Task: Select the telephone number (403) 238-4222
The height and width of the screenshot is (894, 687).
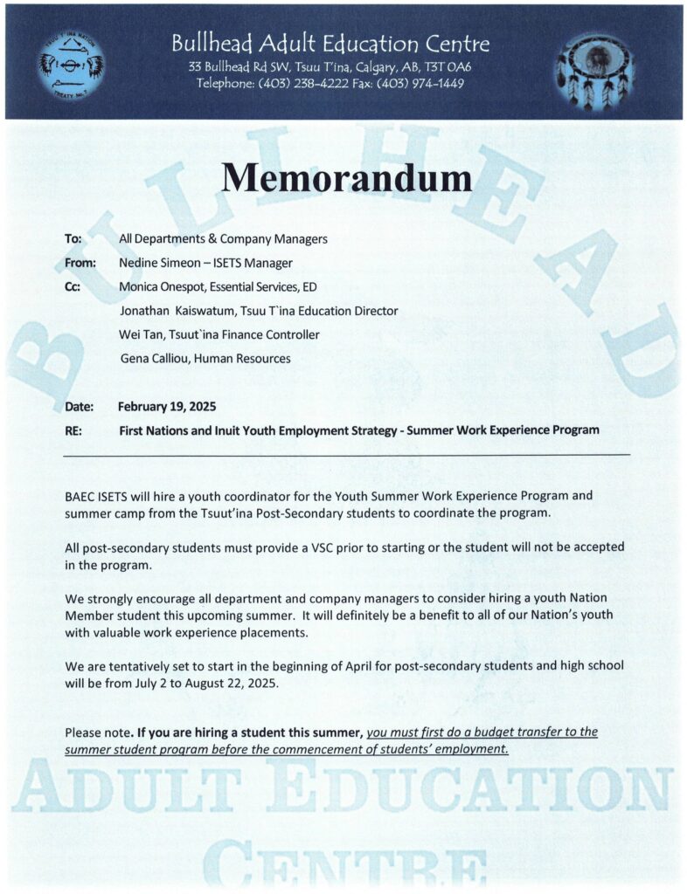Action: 308,84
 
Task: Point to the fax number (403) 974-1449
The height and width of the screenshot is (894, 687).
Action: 421,84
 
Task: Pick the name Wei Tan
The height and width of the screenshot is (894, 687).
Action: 140,334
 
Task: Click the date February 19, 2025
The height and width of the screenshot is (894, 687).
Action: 167,407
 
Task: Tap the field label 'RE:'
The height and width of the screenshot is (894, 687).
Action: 73,430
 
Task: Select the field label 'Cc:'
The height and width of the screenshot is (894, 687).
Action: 73,286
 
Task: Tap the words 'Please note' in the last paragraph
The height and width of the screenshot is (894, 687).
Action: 97,732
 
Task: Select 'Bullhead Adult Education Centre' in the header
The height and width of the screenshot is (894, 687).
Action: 330,44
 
